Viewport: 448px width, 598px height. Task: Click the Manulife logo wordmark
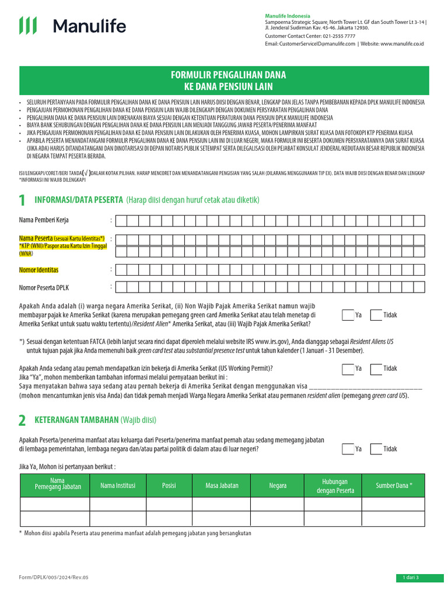(89, 26)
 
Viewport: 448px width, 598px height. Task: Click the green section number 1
(22, 200)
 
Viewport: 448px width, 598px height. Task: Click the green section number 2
(22, 420)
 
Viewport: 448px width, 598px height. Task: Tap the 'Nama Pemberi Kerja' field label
(44, 220)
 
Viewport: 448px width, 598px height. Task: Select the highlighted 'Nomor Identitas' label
(39, 270)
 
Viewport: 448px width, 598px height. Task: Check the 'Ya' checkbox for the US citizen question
(348, 315)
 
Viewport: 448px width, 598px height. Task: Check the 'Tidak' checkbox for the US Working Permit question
(376, 368)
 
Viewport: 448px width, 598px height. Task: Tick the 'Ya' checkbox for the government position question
(348, 448)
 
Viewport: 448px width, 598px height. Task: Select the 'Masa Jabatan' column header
(222, 485)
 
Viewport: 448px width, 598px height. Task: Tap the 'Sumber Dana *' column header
(394, 485)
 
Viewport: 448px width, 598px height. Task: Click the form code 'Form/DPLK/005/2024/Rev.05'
(53, 578)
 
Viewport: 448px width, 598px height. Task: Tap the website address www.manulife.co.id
(402, 44)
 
